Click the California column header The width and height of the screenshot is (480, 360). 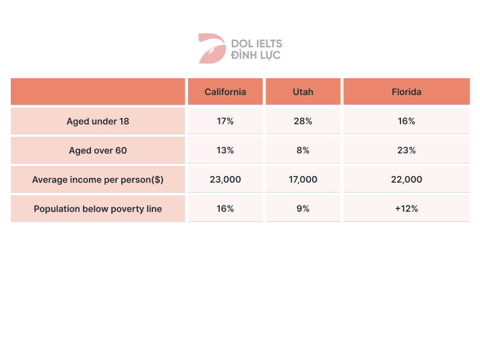(x=225, y=92)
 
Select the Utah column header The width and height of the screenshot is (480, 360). (x=303, y=92)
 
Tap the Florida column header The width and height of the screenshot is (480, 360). (x=407, y=92)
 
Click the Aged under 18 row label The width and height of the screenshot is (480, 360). (x=98, y=121)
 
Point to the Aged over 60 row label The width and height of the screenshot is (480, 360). (x=98, y=150)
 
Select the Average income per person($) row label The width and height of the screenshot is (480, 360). (x=98, y=180)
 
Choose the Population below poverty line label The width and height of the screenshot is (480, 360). (x=98, y=209)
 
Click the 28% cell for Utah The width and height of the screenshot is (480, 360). (x=303, y=121)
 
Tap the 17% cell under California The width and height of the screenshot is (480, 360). (x=225, y=121)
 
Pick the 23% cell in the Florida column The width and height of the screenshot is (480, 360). (x=407, y=150)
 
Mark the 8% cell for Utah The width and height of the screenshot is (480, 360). (x=303, y=150)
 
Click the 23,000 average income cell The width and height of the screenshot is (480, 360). (x=225, y=180)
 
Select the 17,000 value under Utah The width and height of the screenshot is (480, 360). (x=303, y=180)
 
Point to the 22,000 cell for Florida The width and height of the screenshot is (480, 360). (x=407, y=180)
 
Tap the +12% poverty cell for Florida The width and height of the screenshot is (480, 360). (x=407, y=209)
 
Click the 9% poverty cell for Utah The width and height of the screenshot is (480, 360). (x=303, y=209)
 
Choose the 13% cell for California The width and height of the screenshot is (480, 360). (x=225, y=150)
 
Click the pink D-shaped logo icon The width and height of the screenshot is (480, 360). (x=211, y=49)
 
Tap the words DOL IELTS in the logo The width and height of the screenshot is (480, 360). (x=257, y=43)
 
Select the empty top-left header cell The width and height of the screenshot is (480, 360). (x=98, y=92)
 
